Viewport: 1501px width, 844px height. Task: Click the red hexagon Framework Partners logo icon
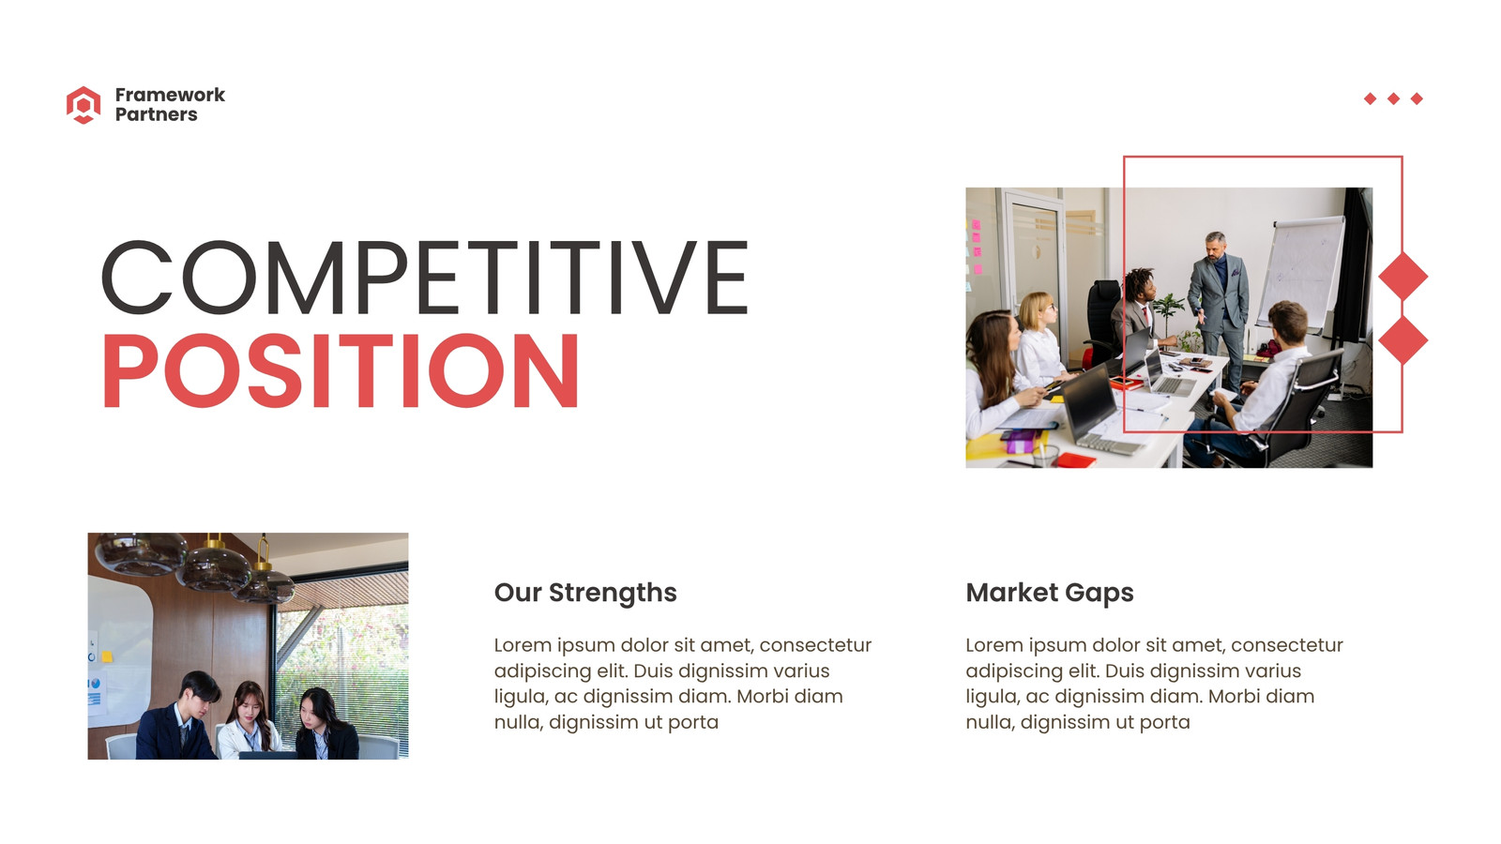click(83, 104)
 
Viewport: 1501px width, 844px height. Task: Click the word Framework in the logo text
click(170, 95)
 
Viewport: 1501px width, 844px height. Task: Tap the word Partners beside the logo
click(156, 114)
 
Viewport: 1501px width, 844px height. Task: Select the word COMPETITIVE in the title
click(425, 278)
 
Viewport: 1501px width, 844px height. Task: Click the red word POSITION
click(341, 369)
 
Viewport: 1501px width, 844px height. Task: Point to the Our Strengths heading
click(585, 593)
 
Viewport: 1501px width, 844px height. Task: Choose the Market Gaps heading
click(1050, 593)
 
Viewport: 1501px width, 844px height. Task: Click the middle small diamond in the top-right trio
click(1394, 98)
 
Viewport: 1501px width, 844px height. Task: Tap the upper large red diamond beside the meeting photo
click(1403, 276)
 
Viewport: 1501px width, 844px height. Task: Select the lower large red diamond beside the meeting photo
click(1403, 340)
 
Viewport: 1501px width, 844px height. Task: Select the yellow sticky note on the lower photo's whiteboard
click(107, 656)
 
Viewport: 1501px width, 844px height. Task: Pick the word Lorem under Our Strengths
click(523, 645)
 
